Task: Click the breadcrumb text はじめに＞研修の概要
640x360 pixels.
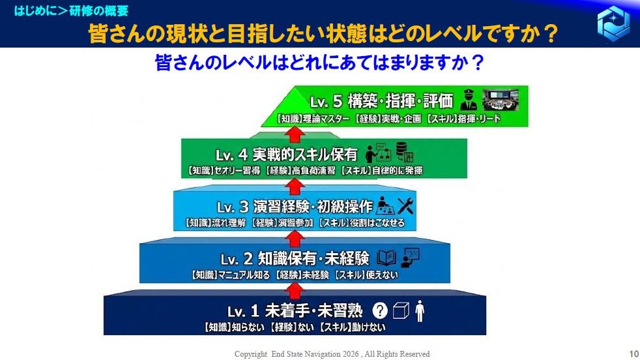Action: click(x=72, y=10)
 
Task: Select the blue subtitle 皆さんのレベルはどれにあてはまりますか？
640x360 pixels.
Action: click(x=319, y=63)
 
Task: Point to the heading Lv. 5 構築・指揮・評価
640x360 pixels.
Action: click(x=381, y=101)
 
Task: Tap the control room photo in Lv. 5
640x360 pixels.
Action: click(x=501, y=100)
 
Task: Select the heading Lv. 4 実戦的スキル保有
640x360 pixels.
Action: click(x=287, y=155)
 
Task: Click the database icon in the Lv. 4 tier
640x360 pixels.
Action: click(x=405, y=152)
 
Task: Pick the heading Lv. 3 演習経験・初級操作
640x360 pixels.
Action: click(x=295, y=207)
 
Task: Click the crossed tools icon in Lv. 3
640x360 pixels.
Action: click(x=405, y=206)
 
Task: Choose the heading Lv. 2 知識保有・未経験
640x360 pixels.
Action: click(x=295, y=259)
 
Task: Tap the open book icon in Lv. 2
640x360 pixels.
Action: click(x=386, y=258)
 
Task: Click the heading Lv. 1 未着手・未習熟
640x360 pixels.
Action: click(x=295, y=311)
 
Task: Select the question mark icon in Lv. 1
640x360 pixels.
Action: click(x=379, y=310)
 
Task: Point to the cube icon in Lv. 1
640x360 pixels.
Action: click(x=401, y=310)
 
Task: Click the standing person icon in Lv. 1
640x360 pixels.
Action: click(x=420, y=311)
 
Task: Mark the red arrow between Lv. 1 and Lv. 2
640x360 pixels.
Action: click(x=295, y=291)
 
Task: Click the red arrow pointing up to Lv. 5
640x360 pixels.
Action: click(x=295, y=134)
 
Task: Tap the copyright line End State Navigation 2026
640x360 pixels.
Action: click(x=332, y=354)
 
